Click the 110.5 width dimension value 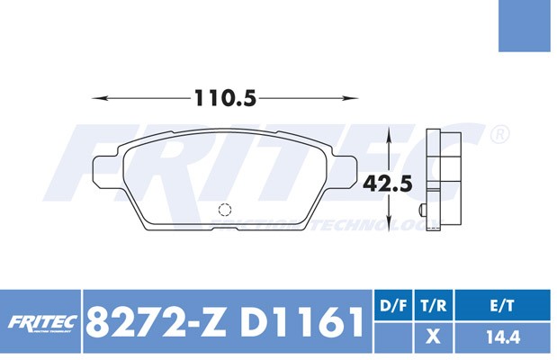[225, 98]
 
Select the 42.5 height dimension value [388, 184]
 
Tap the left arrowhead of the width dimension [100, 98]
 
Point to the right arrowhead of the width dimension [350, 98]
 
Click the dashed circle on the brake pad [225, 210]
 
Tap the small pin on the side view [423, 209]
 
